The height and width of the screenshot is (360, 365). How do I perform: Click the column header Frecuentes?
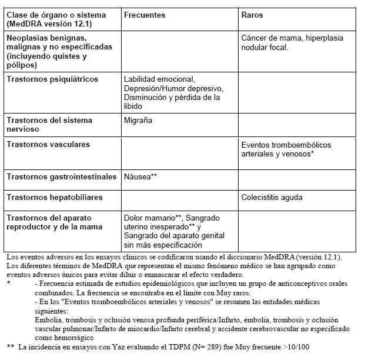pos(144,15)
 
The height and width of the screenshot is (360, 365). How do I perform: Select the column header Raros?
pos(253,15)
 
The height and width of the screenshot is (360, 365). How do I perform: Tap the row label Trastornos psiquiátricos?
pos(52,79)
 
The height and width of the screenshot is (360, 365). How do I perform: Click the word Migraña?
pos(138,120)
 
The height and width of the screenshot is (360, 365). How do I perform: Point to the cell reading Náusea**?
pos(140,176)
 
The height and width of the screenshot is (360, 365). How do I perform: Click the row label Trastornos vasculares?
pos(49,144)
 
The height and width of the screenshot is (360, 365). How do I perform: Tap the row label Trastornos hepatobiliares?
pos(55,197)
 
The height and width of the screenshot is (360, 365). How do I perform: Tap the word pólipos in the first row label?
pos(22,65)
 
